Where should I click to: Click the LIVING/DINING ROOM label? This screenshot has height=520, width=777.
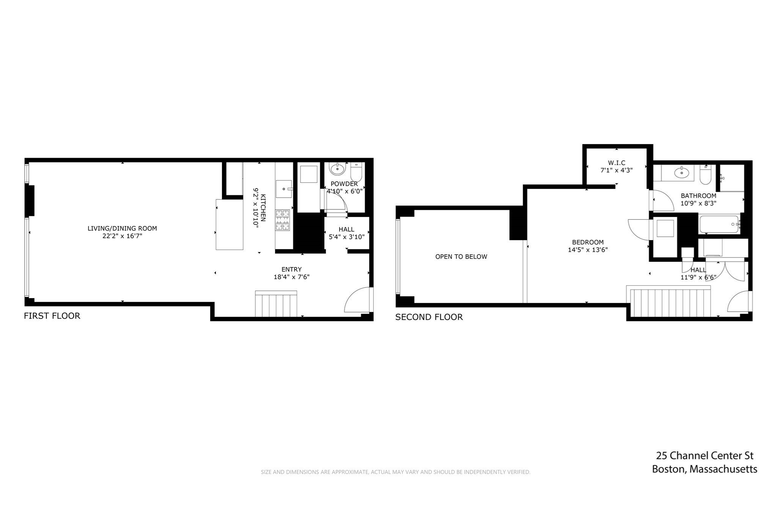click(122, 228)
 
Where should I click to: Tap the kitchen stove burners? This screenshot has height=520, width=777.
click(283, 220)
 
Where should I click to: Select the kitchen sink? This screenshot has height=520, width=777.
click(283, 189)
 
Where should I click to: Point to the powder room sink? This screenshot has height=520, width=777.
click(337, 168)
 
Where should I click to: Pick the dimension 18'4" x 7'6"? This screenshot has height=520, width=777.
click(291, 277)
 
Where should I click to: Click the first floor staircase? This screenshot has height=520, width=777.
click(276, 304)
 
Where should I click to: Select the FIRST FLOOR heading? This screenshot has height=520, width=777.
click(52, 316)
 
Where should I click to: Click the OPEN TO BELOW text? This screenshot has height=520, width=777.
click(461, 257)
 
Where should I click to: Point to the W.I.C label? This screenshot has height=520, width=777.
click(617, 163)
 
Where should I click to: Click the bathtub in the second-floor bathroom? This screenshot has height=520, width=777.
click(719, 225)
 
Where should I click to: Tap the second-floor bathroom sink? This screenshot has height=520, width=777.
click(681, 173)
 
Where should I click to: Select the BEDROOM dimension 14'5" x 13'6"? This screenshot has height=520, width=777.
click(588, 250)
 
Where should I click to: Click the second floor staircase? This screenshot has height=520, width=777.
click(670, 303)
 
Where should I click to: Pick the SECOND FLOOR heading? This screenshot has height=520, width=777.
click(429, 317)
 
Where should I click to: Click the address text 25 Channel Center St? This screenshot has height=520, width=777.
click(705, 456)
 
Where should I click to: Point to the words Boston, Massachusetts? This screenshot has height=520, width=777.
click(705, 470)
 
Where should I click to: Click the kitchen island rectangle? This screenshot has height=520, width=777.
click(229, 225)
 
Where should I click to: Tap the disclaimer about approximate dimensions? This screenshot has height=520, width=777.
click(395, 472)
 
